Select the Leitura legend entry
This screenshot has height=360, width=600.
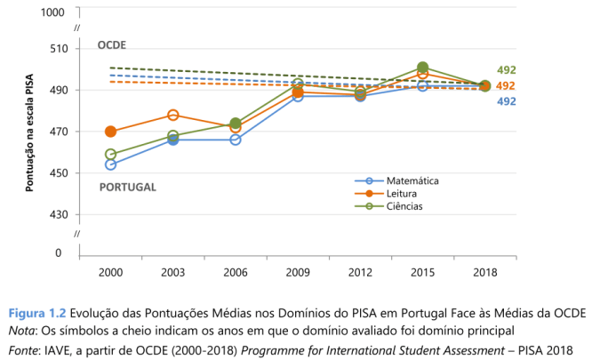click(401, 193)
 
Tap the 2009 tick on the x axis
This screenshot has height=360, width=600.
click(298, 271)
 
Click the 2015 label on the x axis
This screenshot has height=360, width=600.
click(422, 271)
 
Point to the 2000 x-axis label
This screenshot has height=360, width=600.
click(111, 271)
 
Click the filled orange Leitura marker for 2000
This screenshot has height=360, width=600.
click(111, 132)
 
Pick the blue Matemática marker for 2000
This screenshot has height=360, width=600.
click(111, 164)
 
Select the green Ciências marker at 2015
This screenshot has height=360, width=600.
click(423, 68)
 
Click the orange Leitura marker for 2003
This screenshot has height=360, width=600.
click(173, 115)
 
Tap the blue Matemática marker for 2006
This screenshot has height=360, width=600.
click(236, 140)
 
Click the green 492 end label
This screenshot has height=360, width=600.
click(506, 70)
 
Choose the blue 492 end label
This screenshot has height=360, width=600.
click(506, 101)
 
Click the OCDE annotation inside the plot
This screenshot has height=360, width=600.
click(112, 44)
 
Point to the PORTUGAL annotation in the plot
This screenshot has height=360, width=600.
click(127, 188)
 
